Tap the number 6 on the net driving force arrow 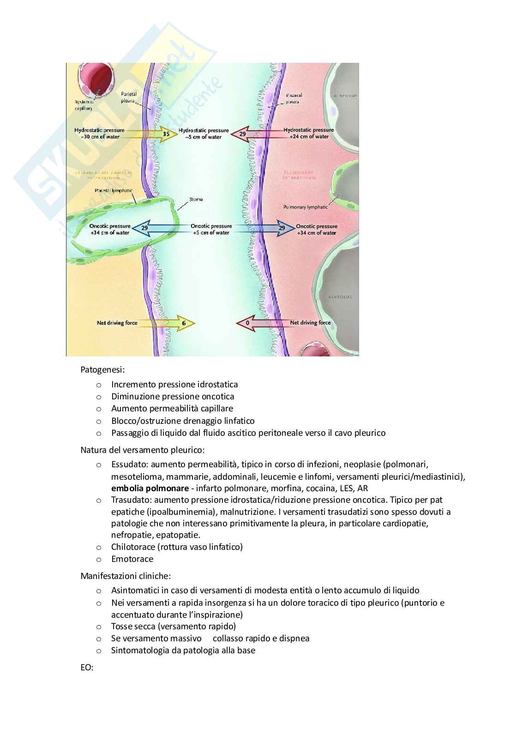point(184,323)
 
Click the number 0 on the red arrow point(247,323)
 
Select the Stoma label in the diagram point(196,199)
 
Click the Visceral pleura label point(293,98)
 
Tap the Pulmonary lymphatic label point(306,207)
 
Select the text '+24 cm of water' point(309,137)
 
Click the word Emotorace point(132,559)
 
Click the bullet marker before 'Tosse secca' point(98,627)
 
